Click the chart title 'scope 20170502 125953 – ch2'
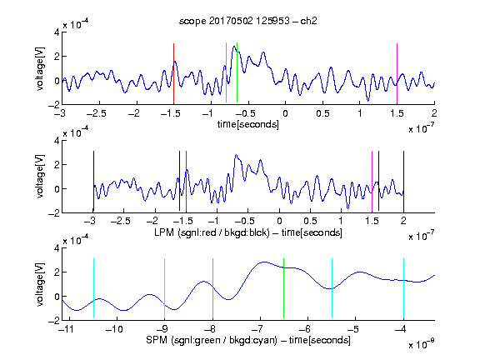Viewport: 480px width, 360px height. click(x=248, y=21)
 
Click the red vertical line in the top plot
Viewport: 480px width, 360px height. click(x=173, y=74)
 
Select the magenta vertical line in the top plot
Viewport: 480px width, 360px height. click(x=397, y=74)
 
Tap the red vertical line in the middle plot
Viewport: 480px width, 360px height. click(x=186, y=181)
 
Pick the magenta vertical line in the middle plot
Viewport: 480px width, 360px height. click(x=372, y=181)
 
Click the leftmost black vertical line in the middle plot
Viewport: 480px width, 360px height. click(x=93, y=181)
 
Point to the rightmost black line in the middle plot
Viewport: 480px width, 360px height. click(x=403, y=181)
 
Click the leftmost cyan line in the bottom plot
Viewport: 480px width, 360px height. click(x=93, y=288)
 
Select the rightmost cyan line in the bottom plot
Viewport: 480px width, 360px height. click(x=403, y=288)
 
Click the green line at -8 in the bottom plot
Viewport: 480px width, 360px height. click(x=212, y=288)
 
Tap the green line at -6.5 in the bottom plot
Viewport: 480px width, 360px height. click(x=284, y=288)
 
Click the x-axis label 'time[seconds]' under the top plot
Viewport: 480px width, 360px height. click(x=248, y=124)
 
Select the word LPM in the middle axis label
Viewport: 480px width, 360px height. click(x=164, y=232)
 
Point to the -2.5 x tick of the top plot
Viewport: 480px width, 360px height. click(x=97, y=113)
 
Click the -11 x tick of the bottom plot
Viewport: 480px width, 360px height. click(x=67, y=329)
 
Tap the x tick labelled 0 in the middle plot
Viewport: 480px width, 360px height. click(x=279, y=221)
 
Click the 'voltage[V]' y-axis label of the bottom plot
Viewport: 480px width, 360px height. click(x=40, y=284)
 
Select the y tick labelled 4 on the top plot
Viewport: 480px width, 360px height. click(x=57, y=32)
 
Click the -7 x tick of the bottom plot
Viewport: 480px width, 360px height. click(x=257, y=329)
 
